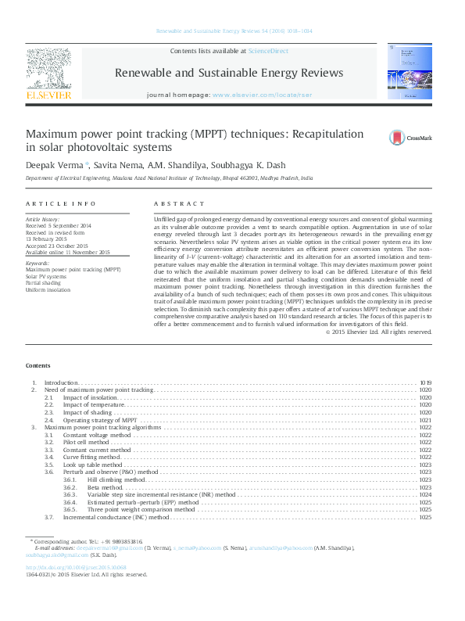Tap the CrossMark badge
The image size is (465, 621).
click(x=410, y=138)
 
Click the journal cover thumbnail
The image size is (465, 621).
click(x=409, y=70)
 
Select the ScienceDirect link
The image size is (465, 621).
click(x=267, y=50)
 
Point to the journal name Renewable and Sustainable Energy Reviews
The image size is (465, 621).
click(x=228, y=72)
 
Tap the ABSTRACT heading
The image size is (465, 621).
click(x=177, y=203)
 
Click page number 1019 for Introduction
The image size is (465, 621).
click(x=425, y=382)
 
